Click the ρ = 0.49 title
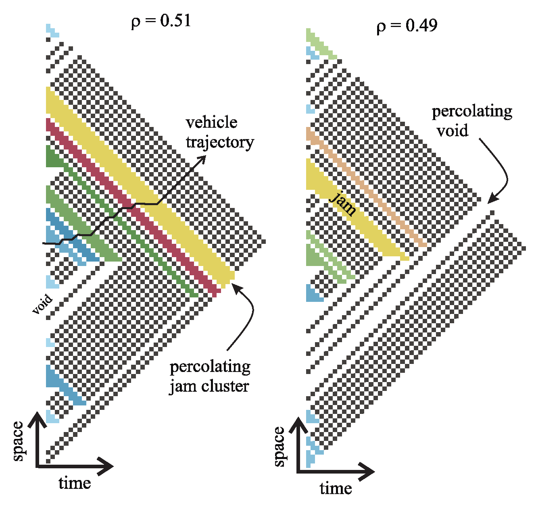(x=407, y=25)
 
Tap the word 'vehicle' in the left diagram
(x=211, y=123)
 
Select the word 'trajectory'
(x=220, y=142)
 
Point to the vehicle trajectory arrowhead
(x=202, y=159)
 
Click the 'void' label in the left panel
(x=42, y=304)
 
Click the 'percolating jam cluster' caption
(x=210, y=376)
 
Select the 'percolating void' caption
(x=472, y=121)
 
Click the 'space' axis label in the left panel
(x=18, y=441)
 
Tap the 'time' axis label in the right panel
(x=336, y=488)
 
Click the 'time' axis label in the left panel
(x=75, y=483)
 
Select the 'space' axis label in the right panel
(x=279, y=447)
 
